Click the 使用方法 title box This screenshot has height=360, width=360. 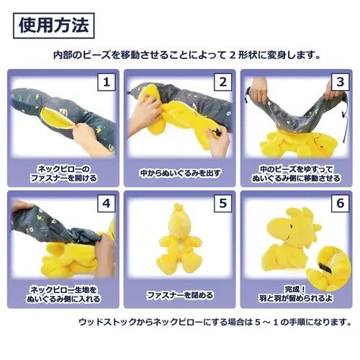[54, 26]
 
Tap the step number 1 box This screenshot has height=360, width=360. [107, 82]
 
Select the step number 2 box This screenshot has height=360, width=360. [223, 82]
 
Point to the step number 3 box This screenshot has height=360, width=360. [340, 82]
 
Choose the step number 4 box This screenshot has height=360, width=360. [107, 203]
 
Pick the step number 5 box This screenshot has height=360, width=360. [223, 203]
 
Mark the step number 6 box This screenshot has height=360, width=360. [340, 203]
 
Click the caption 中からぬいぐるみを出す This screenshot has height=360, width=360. [180, 174]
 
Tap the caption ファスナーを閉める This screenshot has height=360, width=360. [180, 294]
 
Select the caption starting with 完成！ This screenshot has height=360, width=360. [296, 294]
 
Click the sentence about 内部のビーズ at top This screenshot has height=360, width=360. [186, 55]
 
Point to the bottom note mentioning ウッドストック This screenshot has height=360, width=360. [215, 322]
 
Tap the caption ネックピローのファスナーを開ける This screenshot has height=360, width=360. [63, 174]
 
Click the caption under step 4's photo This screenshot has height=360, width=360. [63, 294]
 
